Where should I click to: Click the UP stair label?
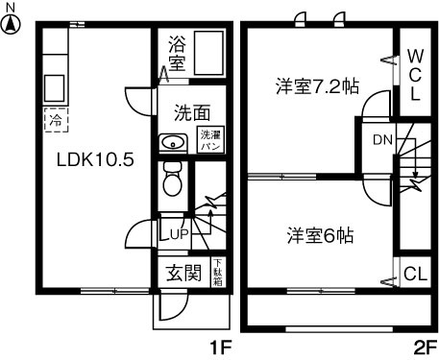coord(177,231)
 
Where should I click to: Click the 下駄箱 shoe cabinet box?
coord(217,274)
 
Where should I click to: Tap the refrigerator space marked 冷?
coord(54,122)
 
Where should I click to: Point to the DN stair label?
coord(381,139)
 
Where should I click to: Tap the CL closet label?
coord(414,273)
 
